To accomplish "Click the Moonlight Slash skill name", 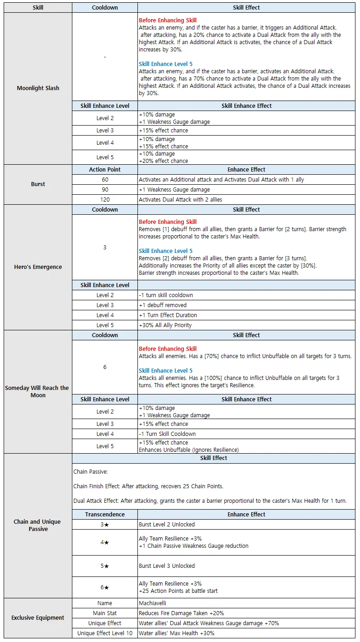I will pyautogui.click(x=38, y=88).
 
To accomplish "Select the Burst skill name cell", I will pyautogui.click(x=38, y=184).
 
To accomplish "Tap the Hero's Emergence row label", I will pyautogui.click(x=38, y=267).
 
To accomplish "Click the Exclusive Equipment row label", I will pyautogui.click(x=38, y=618).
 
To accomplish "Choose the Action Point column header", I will pyautogui.click(x=105, y=170).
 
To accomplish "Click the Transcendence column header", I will pyautogui.click(x=105, y=515).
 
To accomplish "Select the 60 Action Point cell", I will pyautogui.click(x=105, y=180).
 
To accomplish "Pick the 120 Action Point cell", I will pyautogui.click(x=105, y=200).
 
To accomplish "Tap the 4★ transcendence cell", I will pyautogui.click(x=105, y=542).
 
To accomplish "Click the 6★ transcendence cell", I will pyautogui.click(x=105, y=587).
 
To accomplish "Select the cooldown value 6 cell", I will pyautogui.click(x=105, y=367).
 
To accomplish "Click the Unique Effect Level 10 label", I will pyautogui.click(x=105, y=633).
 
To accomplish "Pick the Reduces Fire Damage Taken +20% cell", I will pyautogui.click(x=181, y=613).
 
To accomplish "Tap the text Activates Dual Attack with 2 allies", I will pyautogui.click(x=183, y=200).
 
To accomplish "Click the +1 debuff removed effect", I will pyautogui.click(x=162, y=305).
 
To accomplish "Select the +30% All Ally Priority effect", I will pyautogui.click(x=165, y=325).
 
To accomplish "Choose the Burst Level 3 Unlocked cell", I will pyautogui.click(x=167, y=566).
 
